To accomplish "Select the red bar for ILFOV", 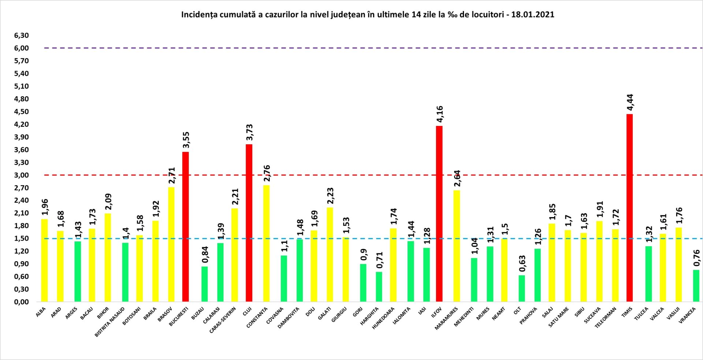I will [x=439, y=214].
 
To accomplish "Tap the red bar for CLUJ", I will [x=249, y=223].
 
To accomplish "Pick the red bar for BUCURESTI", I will [x=186, y=227].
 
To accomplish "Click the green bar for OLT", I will [x=522, y=289].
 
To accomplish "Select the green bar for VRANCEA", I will [x=696, y=286].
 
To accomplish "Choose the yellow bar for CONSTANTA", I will [x=266, y=244].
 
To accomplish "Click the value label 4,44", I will [x=630, y=103].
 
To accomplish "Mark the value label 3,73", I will [x=250, y=133].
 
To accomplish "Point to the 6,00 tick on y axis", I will [x=21, y=48].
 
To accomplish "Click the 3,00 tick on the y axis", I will [x=21, y=175].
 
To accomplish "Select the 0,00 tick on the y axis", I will [x=21, y=302].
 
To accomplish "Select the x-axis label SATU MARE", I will [x=558, y=317].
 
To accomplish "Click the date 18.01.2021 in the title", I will [x=533, y=15].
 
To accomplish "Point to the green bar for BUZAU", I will [x=205, y=284].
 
